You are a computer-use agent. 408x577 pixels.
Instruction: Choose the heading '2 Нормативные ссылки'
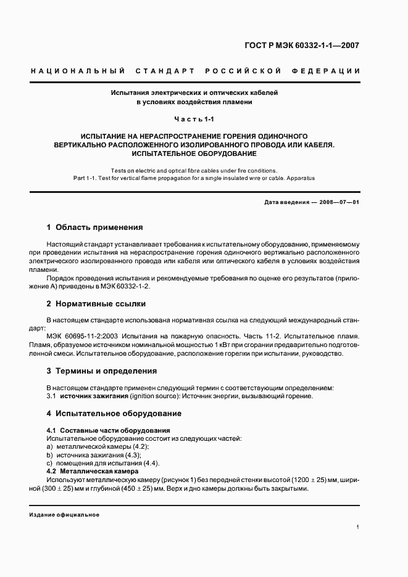click(96, 304)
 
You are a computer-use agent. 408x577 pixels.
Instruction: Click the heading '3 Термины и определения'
click(102, 371)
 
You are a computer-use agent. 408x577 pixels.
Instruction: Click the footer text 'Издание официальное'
click(64, 514)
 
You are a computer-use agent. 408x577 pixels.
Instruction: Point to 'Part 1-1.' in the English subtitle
click(88, 178)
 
